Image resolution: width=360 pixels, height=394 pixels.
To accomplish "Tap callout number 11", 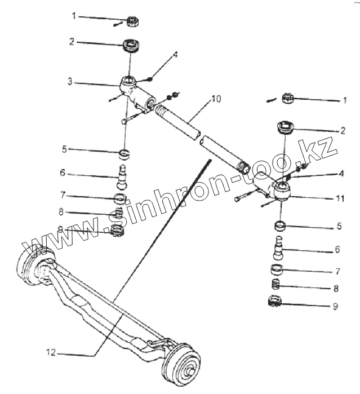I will coord(340,198).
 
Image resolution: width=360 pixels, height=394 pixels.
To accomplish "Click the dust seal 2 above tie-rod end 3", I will coord(132,45).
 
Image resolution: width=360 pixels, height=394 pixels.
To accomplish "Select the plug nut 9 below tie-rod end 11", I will coord(276,302).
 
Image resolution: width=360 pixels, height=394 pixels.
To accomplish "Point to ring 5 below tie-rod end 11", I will coord(280,227).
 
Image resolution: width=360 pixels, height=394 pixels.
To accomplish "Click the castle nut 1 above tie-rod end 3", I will coord(134,21).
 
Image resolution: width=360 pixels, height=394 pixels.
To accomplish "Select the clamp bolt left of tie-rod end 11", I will coord(241,197).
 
